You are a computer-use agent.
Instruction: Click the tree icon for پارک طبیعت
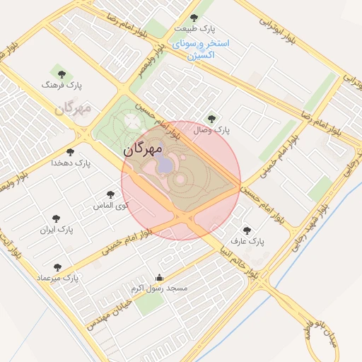(x=194, y=17)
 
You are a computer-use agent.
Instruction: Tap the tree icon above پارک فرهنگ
(x=59, y=73)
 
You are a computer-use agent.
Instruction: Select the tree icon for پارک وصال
(x=211, y=119)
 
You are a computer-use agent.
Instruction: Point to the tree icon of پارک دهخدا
(x=69, y=151)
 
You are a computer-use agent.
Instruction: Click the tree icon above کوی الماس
(x=110, y=194)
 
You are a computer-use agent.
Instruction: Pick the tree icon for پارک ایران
(x=57, y=218)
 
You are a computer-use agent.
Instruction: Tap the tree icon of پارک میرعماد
(x=58, y=267)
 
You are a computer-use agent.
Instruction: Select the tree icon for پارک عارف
(x=247, y=230)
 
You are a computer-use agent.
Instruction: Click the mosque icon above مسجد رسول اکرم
(x=159, y=277)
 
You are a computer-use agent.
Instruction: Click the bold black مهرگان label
(x=143, y=150)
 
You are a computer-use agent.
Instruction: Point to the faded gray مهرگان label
(x=74, y=109)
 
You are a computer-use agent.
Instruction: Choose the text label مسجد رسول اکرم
(x=159, y=288)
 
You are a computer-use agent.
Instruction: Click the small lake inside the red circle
(x=164, y=165)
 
